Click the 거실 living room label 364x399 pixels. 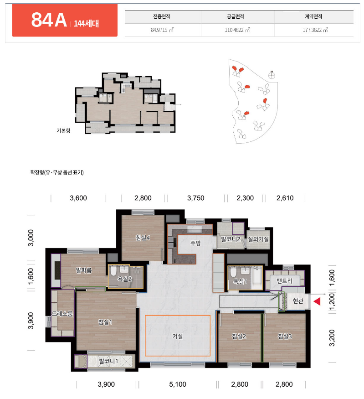tap(177, 336)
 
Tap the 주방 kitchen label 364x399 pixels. tap(195, 243)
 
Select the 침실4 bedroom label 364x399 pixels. tap(143, 238)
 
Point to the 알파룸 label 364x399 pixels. tap(84, 270)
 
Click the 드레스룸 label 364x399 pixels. tap(62, 314)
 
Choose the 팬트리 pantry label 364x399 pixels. tap(284, 281)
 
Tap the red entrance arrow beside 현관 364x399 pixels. tap(317, 301)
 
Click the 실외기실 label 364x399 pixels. tap(258, 239)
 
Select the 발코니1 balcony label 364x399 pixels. tap(108, 361)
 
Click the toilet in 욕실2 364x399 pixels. tap(113, 271)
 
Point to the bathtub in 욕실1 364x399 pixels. tap(257, 277)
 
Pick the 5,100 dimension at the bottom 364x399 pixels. tap(177, 384)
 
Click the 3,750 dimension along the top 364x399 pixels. tap(195, 198)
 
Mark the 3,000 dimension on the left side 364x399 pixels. tap(31, 238)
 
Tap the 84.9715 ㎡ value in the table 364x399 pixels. tap(162, 30)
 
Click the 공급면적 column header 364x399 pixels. tap(236, 16)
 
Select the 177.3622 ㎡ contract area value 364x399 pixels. tap(315, 30)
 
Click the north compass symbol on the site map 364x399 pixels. tap(272, 75)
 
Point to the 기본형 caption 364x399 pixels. tap(63, 130)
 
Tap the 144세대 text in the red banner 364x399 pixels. tap(86, 24)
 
